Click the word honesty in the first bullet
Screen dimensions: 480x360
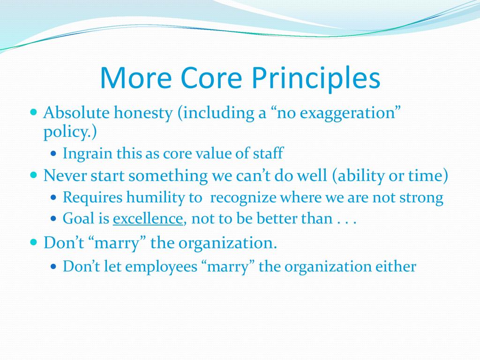click(143, 113)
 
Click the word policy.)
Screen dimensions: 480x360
click(70, 132)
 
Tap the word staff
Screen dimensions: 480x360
click(268, 153)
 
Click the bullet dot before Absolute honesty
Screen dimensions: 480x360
click(34, 112)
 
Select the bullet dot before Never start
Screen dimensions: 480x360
click(34, 175)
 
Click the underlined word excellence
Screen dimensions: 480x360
click(148, 219)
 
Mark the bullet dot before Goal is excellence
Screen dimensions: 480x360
click(53, 218)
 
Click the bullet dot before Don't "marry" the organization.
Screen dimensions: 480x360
click(34, 242)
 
